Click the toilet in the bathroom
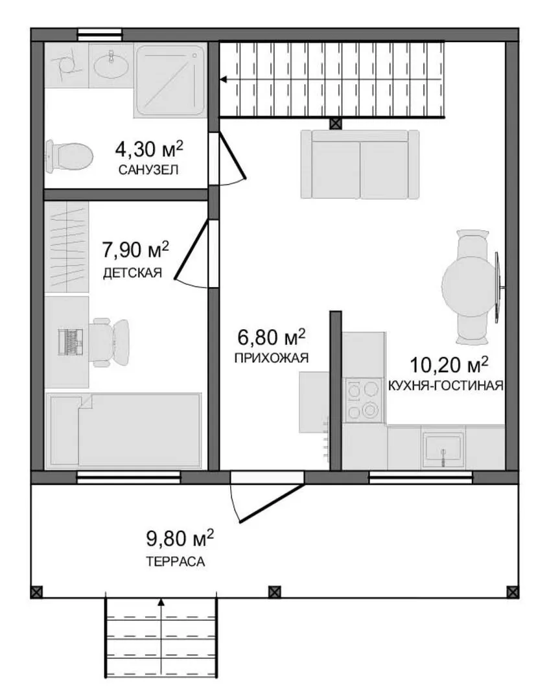tap(69, 156)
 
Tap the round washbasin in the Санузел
tap(111, 66)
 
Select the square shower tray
tap(170, 81)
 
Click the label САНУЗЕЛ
tap(148, 170)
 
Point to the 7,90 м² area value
tap(135, 250)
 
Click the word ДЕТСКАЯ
tap(132, 273)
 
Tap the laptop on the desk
tap(71, 342)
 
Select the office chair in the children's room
tap(110, 342)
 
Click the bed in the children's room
tap(124, 431)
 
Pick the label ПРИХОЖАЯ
tap(272, 358)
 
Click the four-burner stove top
tap(363, 399)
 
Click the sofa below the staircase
tap(360, 164)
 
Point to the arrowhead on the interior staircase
tap(223, 80)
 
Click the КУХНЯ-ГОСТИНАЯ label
tap(446, 385)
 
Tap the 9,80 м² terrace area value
tap(180, 539)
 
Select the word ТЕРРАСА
tap(176, 561)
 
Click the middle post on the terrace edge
tap(275, 592)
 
